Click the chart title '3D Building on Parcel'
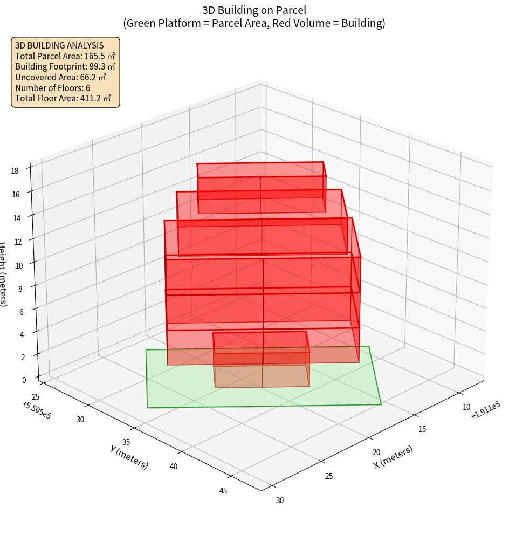coord(254,10)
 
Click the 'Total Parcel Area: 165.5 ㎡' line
coord(65,56)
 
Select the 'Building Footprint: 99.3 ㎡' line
coord(65,66)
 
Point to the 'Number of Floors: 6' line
coord(53,88)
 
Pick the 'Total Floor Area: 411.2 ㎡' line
coord(63,98)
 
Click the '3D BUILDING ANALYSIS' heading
coord(59,45)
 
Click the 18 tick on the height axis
coord(15,170)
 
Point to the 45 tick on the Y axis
coord(223,490)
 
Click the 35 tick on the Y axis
coord(126,443)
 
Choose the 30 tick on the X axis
coord(280,500)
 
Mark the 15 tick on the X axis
coord(422,429)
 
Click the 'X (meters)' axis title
coord(394,457)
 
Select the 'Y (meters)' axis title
coord(129,457)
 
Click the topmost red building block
coord(262,187)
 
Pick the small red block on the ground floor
coord(261,359)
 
